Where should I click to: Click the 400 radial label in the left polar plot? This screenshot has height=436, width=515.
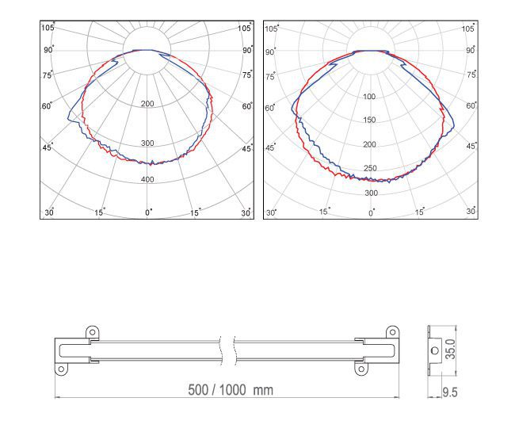point(147,179)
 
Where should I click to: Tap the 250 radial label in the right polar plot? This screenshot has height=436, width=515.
point(370,168)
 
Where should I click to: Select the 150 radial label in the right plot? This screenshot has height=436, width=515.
point(369,120)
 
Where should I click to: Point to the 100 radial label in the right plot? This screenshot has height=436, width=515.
point(369,97)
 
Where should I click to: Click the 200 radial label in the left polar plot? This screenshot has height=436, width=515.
point(147,104)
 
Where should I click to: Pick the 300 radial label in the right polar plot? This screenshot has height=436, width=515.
point(371,193)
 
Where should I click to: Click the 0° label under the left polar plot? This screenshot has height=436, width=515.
point(149,212)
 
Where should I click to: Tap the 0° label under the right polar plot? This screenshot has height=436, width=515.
point(372,213)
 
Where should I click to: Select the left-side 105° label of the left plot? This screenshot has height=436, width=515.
point(48,27)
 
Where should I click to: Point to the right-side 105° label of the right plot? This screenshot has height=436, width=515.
point(468,29)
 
